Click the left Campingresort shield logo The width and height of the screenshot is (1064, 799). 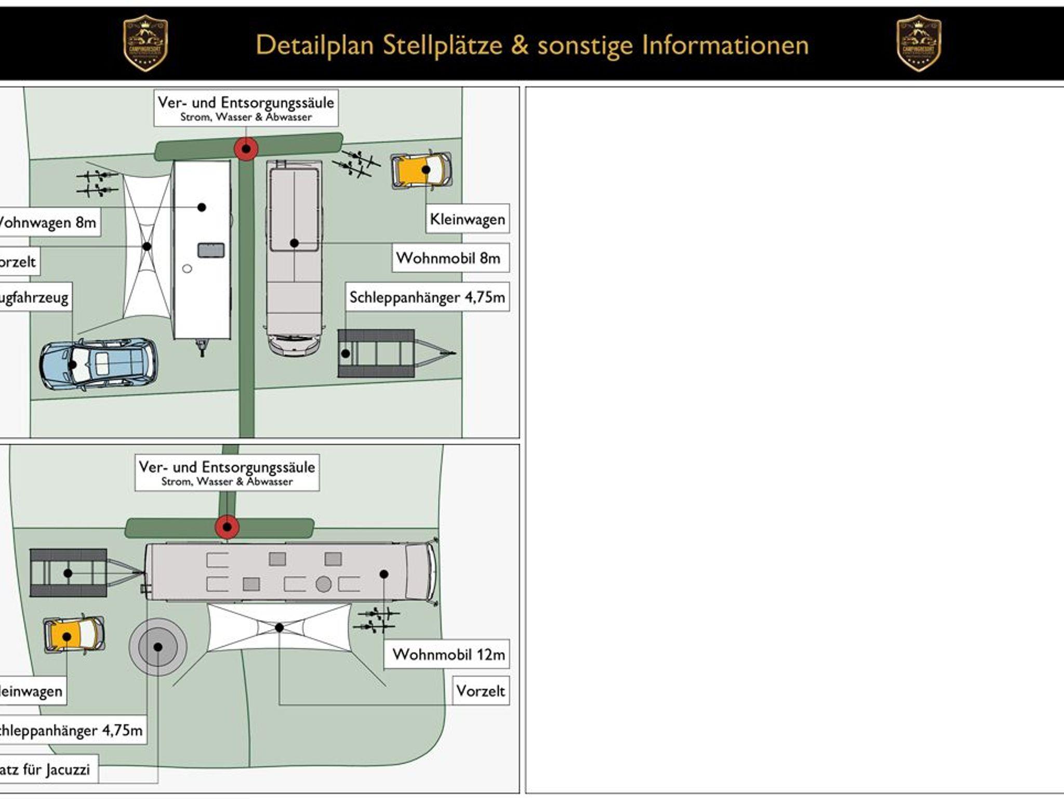(x=145, y=43)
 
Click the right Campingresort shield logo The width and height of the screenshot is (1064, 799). (x=919, y=43)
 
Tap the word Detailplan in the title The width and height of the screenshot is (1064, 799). (x=314, y=45)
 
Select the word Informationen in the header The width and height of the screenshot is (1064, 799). (x=725, y=45)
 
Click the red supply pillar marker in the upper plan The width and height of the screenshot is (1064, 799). (x=246, y=149)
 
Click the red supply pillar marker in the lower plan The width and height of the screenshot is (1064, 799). (x=227, y=527)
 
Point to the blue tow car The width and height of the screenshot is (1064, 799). (x=98, y=364)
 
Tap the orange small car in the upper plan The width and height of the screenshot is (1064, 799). (x=421, y=170)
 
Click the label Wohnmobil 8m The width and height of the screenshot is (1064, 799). (x=448, y=258)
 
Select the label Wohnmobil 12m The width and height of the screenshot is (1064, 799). (x=448, y=655)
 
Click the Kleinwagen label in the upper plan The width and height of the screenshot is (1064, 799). (x=467, y=219)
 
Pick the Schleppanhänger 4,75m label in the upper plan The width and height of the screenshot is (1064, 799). (x=427, y=297)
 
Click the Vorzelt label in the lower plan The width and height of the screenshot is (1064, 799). (x=481, y=691)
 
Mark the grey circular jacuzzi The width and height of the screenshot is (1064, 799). (x=158, y=647)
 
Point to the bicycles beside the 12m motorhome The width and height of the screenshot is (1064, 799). (x=377, y=621)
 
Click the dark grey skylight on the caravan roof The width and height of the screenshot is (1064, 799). (x=211, y=250)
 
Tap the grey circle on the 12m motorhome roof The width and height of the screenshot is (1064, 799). (x=323, y=584)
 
